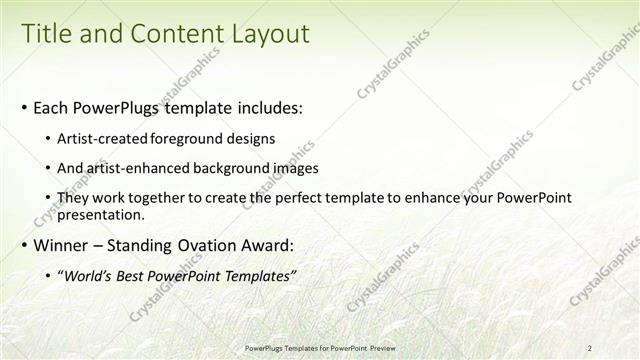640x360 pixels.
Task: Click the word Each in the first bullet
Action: [x=52, y=107]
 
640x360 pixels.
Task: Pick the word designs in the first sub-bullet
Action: [x=252, y=138]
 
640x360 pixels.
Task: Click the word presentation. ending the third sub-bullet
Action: [x=103, y=214]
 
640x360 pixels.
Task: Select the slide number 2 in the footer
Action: [x=591, y=346]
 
